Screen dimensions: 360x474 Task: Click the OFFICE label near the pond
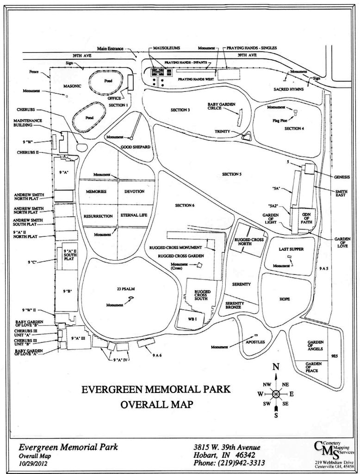114,98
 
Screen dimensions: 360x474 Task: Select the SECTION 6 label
185,206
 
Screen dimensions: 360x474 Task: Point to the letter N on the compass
276,367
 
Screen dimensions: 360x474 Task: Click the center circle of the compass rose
276,394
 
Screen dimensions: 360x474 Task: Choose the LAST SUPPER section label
291,249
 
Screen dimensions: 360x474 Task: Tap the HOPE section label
285,299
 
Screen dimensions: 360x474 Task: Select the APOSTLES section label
255,342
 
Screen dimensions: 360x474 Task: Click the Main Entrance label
110,48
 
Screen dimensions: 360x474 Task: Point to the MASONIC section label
72,86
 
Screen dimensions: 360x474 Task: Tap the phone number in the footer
230,463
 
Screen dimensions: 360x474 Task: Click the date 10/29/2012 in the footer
33,463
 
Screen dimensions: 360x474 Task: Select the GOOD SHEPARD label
136,147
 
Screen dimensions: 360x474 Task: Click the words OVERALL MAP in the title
156,404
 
